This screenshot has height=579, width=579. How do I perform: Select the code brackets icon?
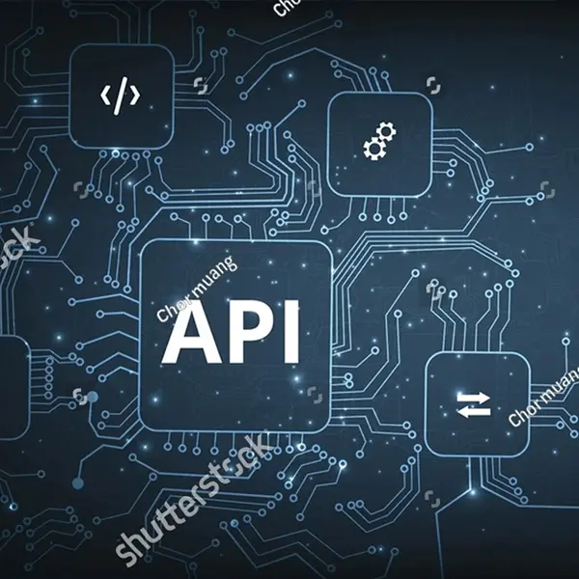pos(121,95)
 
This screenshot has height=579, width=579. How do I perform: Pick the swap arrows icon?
pos(474,403)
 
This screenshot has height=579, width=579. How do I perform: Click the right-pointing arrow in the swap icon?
pos(475,396)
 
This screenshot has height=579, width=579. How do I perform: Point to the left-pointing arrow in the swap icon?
pos(473,411)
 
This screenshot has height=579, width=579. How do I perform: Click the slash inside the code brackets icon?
pos(121,95)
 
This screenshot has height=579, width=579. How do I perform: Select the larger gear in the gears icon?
pos(372,149)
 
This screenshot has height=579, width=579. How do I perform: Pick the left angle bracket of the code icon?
pos(105,95)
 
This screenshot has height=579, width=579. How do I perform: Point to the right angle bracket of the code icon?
pos(136,95)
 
